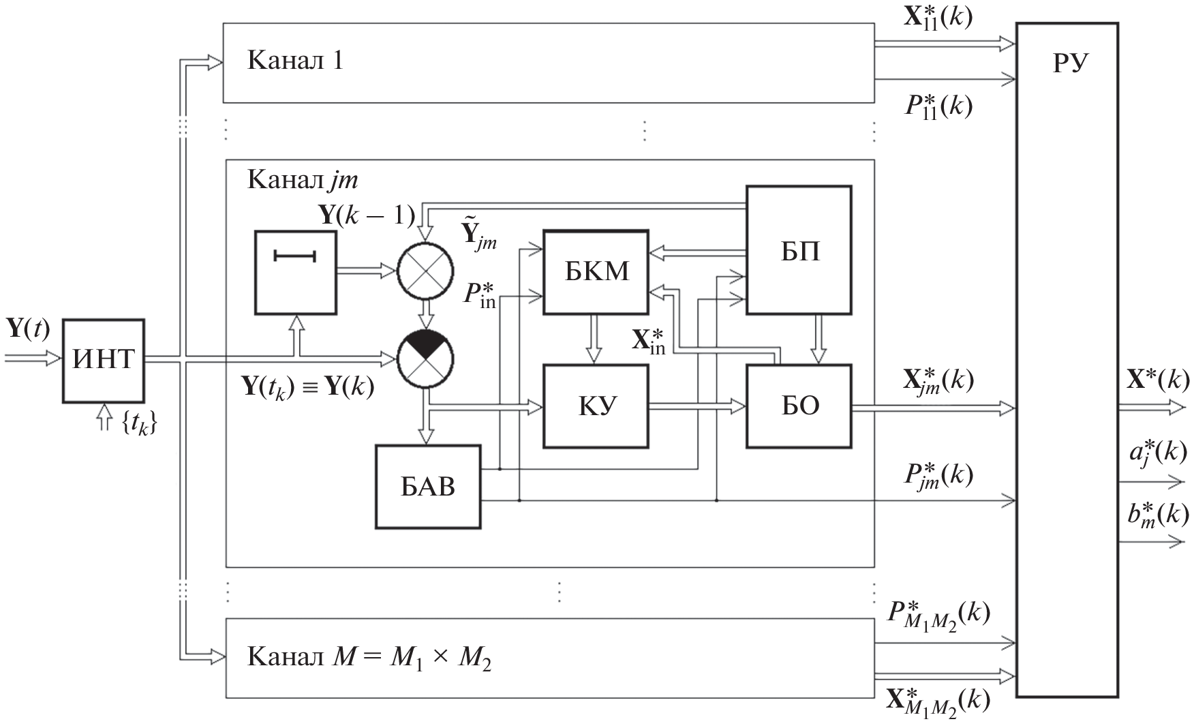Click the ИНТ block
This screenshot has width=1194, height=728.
(x=104, y=360)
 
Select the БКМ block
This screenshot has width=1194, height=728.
(x=596, y=272)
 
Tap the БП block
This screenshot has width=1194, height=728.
(x=799, y=251)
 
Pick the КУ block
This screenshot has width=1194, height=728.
(x=596, y=406)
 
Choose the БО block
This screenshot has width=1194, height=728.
(x=799, y=406)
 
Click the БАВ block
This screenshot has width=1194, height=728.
(x=427, y=487)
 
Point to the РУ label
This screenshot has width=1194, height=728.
(x=1067, y=63)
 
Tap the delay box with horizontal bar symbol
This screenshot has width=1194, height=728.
(x=295, y=272)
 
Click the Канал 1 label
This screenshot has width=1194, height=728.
(x=295, y=61)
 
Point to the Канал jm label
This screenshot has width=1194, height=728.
(x=302, y=180)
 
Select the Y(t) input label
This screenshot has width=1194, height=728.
(x=28, y=329)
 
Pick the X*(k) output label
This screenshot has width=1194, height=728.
(x=1157, y=380)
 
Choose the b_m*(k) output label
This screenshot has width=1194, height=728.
(x=1157, y=515)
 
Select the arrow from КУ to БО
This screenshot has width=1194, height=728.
(x=696, y=406)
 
